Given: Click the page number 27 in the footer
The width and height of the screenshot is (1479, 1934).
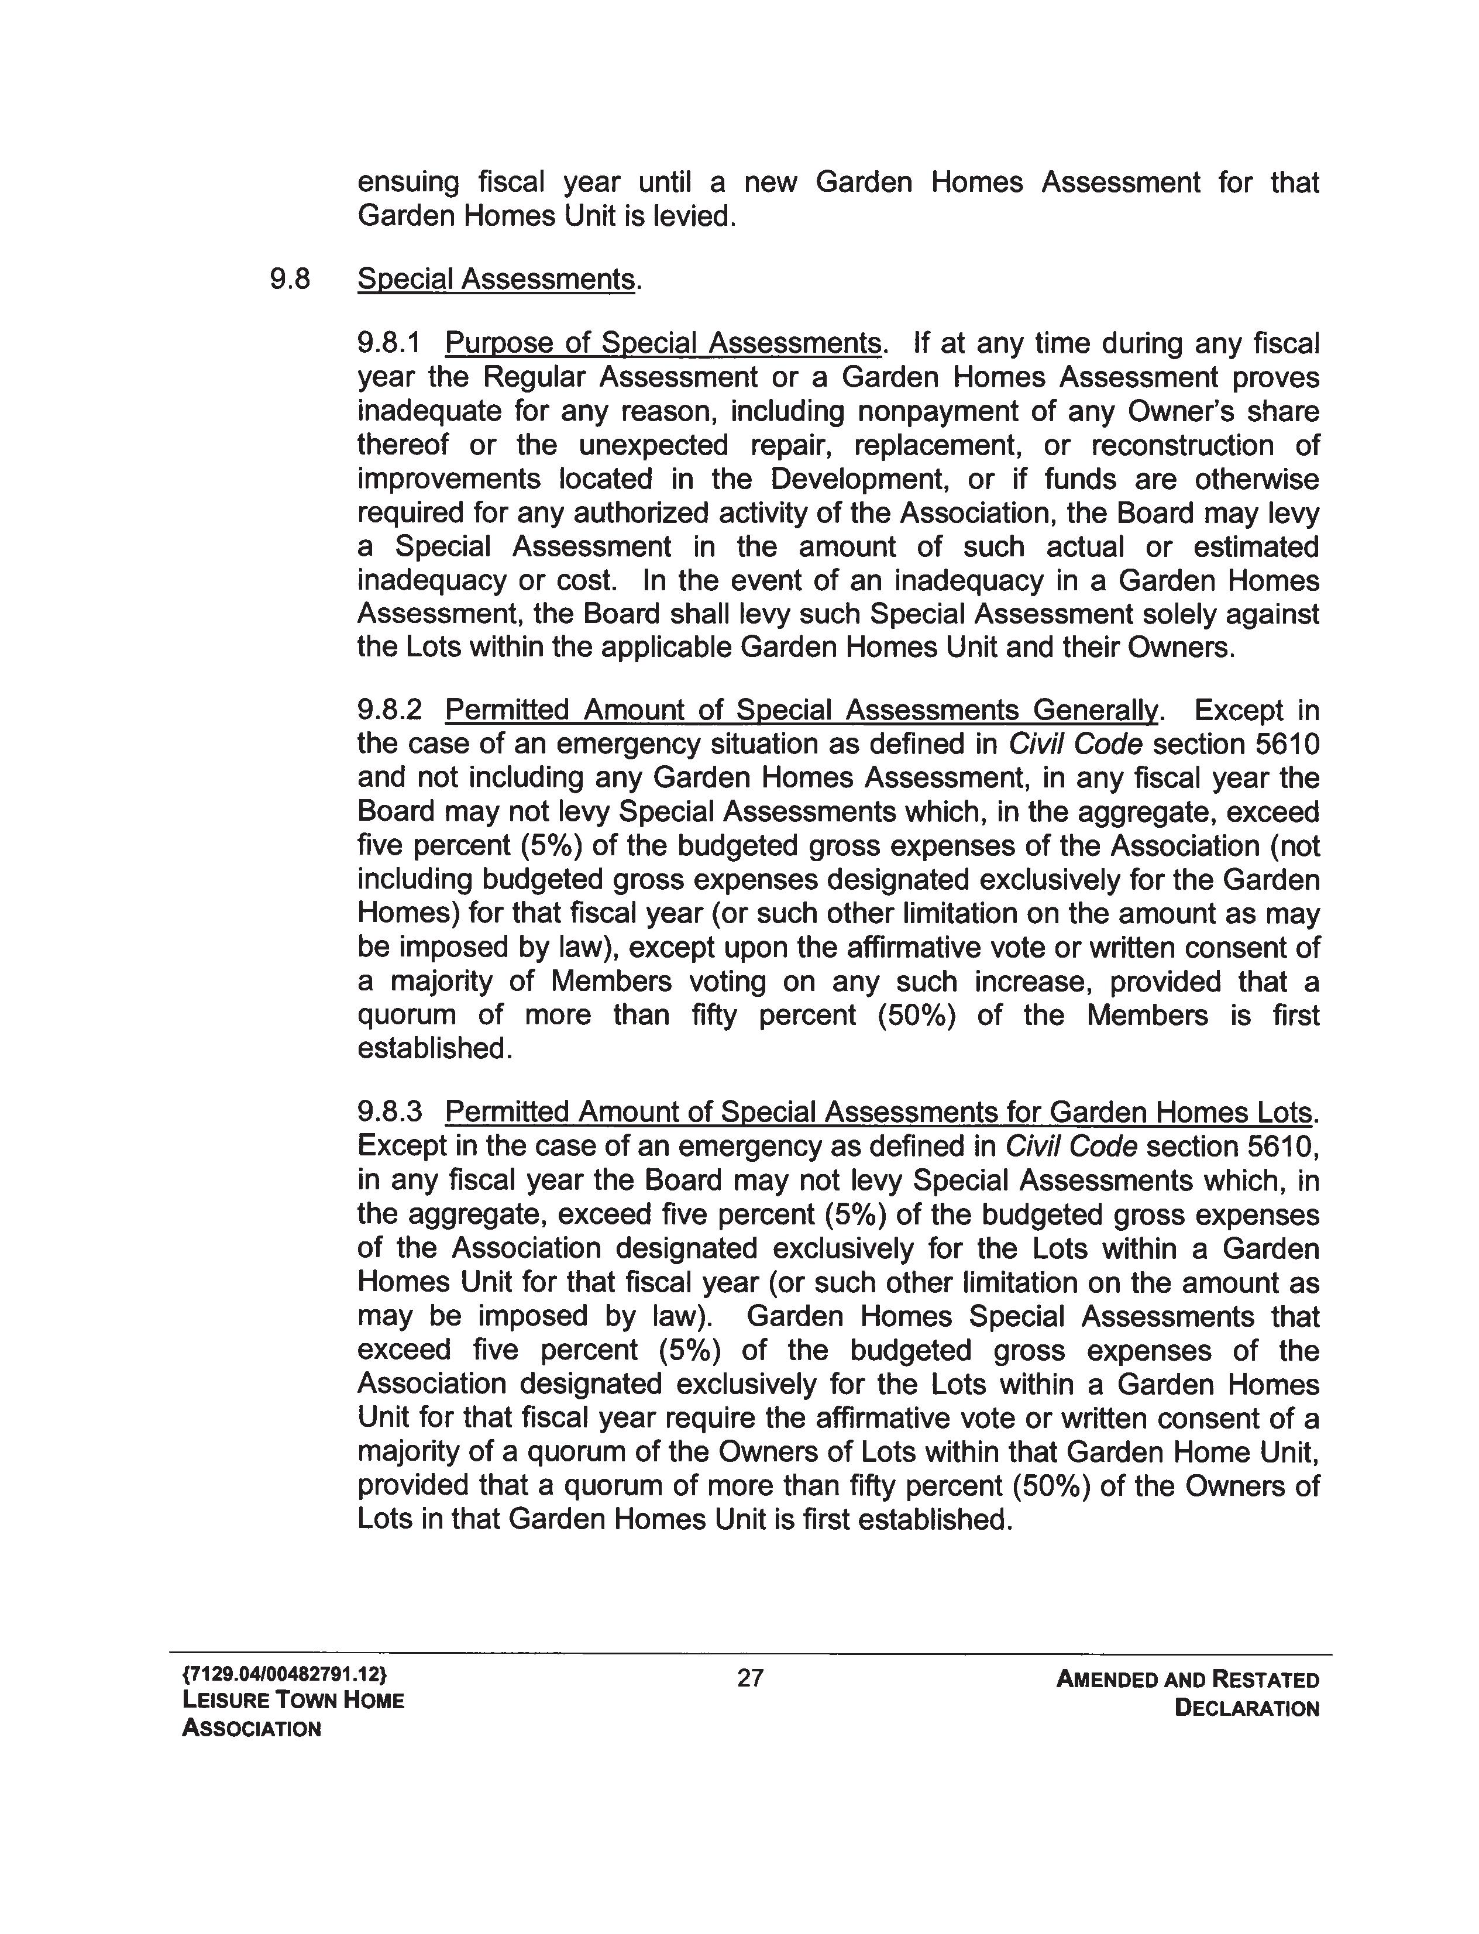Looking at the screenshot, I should point(750,1679).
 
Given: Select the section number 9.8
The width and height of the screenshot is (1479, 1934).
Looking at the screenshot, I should point(290,279).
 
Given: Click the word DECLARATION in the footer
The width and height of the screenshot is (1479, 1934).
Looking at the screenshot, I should point(1247,1709).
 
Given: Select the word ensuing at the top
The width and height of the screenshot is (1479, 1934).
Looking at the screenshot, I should point(408,183).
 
